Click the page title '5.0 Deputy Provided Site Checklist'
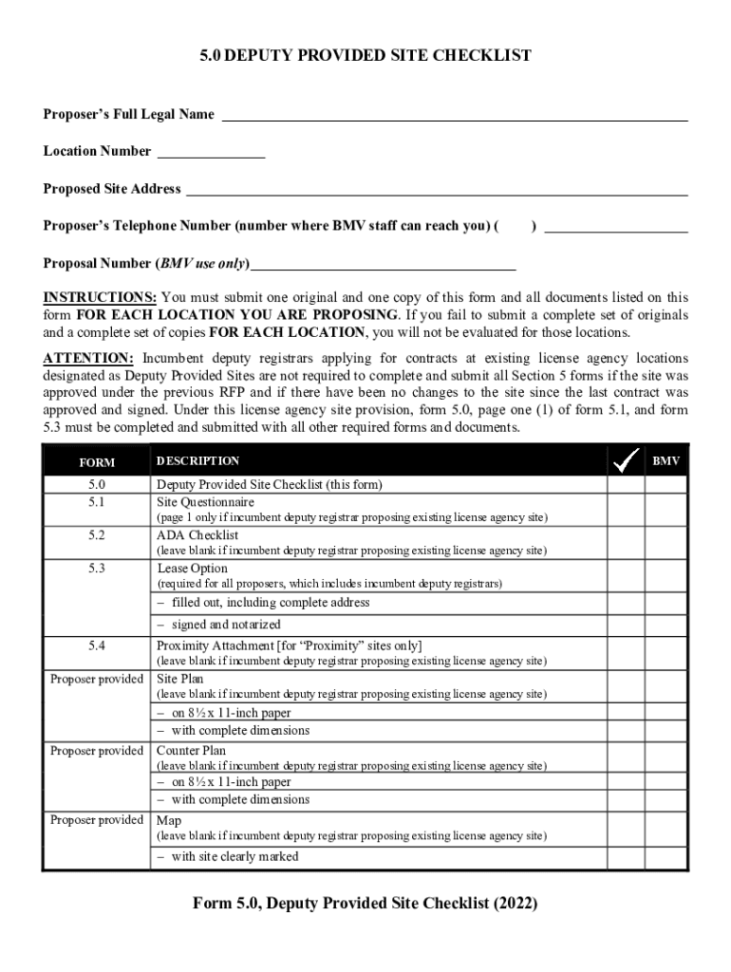[x=365, y=56]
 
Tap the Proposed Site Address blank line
[x=436, y=191]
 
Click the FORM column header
[x=97, y=462]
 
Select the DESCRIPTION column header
[x=197, y=461]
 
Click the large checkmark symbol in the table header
[x=626, y=461]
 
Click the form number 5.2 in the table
[x=97, y=535]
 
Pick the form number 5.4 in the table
[x=97, y=645]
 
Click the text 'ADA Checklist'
[x=197, y=535]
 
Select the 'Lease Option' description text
[x=192, y=569]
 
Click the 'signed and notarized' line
[x=225, y=625]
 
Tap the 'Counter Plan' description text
[x=191, y=751]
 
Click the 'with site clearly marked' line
[x=234, y=856]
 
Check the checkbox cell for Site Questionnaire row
[x=626, y=509]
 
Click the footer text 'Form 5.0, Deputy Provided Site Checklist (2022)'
[x=365, y=904]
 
